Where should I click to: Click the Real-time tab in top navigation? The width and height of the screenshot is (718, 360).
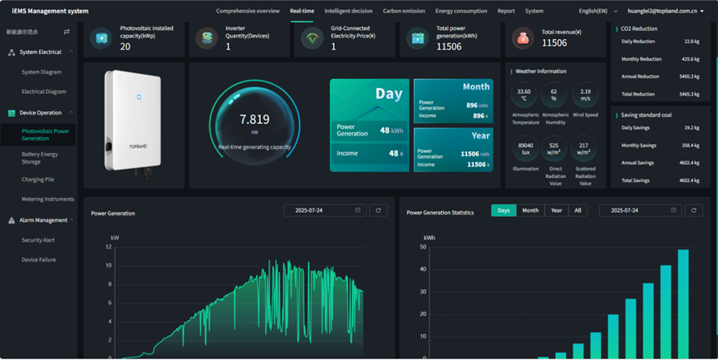(x=302, y=11)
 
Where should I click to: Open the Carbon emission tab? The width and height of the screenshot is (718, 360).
(x=404, y=11)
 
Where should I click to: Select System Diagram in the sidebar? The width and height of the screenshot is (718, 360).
(x=42, y=72)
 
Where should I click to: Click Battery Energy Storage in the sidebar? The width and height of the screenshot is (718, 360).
(x=40, y=158)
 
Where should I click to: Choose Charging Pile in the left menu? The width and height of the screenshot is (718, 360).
(x=38, y=180)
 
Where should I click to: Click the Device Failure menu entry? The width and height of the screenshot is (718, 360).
(x=39, y=260)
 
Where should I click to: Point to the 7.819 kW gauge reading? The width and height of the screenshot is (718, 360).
(x=254, y=120)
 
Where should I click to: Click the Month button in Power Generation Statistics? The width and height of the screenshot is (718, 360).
(x=530, y=210)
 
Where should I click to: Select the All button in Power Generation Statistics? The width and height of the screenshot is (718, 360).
(x=578, y=210)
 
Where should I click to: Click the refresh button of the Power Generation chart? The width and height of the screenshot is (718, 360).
(x=378, y=210)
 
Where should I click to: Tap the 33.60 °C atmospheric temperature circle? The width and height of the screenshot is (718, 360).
(x=524, y=94)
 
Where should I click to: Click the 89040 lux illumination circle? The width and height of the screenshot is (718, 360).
(x=525, y=147)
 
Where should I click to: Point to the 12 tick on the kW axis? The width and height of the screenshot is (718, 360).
(x=107, y=247)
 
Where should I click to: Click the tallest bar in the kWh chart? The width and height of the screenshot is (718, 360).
(x=683, y=303)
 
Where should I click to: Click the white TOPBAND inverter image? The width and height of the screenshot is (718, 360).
(x=133, y=118)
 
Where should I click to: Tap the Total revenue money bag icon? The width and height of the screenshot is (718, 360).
(x=523, y=38)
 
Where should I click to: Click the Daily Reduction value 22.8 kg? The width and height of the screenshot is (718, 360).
(x=691, y=42)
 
